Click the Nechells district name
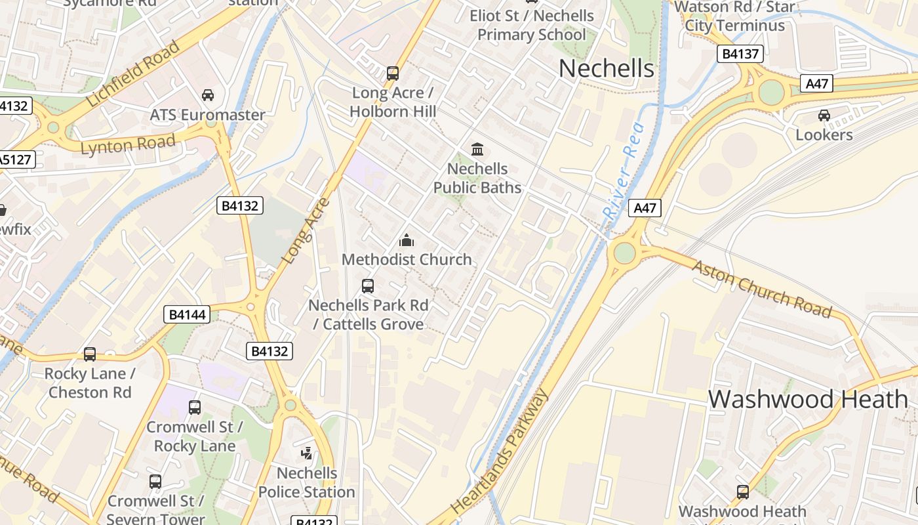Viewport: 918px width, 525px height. coord(607,68)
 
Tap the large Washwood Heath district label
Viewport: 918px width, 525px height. coord(808,399)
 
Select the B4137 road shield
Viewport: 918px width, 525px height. coord(740,54)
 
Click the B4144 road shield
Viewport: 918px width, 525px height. coord(187,315)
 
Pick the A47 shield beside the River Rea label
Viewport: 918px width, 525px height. coord(645,209)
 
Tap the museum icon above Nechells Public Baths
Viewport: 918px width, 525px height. coord(477,150)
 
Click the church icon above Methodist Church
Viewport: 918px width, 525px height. coord(407,240)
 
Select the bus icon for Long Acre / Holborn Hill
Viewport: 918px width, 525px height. coord(392,73)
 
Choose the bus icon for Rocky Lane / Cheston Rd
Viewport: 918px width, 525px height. coord(90,354)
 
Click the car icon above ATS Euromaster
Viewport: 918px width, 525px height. coord(208,95)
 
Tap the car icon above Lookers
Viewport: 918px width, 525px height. coord(824,115)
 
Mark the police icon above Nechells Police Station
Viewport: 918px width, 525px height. coord(306,453)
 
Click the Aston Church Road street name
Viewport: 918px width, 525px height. coord(761,289)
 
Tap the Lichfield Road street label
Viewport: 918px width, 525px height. coord(133,73)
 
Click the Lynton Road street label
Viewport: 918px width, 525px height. coord(128,144)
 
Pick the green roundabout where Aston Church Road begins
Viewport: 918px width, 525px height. coord(624,253)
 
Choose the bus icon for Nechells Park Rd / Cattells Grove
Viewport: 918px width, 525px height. coord(368,286)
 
